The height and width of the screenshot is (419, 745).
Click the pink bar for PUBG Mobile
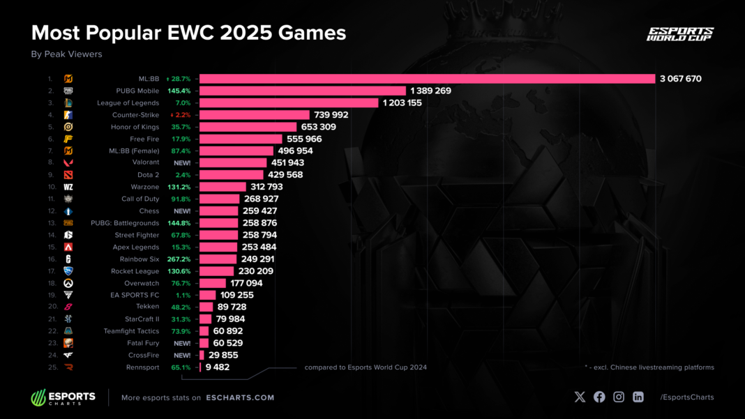pos(303,91)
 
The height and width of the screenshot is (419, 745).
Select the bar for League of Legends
pos(289,102)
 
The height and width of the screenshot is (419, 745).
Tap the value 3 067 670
pos(680,79)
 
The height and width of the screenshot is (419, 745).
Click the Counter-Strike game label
pos(135,115)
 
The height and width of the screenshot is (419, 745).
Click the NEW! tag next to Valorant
pos(182,163)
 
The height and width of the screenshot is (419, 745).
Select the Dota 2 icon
pos(68,175)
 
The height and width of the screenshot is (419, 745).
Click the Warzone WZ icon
pos(68,187)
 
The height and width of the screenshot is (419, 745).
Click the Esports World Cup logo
pos(680,34)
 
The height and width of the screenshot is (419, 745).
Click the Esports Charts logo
pos(63,397)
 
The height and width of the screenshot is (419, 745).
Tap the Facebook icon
pos(599,397)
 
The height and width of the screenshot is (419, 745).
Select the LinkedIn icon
pos(638,397)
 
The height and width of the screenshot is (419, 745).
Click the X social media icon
pos(580,397)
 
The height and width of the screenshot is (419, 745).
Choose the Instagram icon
pos(619,397)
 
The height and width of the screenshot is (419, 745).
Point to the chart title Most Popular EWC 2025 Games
pos(188,33)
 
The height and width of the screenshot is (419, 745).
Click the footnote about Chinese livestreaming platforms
pos(649,367)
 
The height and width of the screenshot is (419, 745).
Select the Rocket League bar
pos(217,271)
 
